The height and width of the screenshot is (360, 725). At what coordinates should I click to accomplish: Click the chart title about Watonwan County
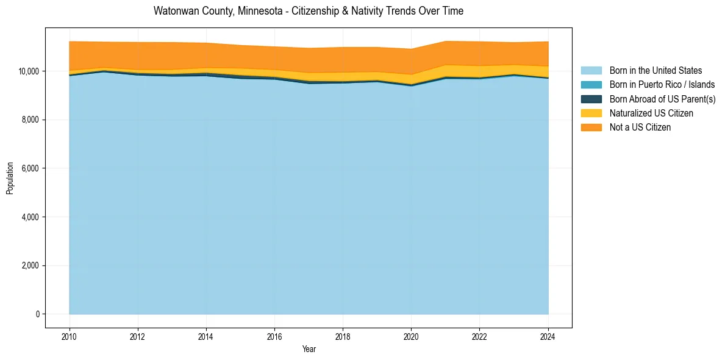coord(309,11)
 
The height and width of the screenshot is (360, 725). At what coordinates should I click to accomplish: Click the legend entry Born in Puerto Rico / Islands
coord(662,85)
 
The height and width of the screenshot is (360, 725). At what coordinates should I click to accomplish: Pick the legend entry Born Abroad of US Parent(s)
coord(662,99)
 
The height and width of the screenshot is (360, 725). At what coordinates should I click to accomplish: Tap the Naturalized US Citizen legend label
coord(651,113)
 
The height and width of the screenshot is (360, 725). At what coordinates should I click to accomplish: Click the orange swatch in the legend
coord(591,128)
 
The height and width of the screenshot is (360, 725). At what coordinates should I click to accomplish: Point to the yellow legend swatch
coord(591,113)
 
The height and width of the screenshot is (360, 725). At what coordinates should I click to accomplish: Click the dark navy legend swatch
coord(591,99)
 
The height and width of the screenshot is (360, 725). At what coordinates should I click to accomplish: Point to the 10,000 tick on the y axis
coord(29,71)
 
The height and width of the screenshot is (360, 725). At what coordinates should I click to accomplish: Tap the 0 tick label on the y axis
coord(37,314)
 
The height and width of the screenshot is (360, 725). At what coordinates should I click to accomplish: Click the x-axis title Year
coord(309,349)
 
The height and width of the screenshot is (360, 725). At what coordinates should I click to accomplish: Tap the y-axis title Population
coord(10,178)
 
